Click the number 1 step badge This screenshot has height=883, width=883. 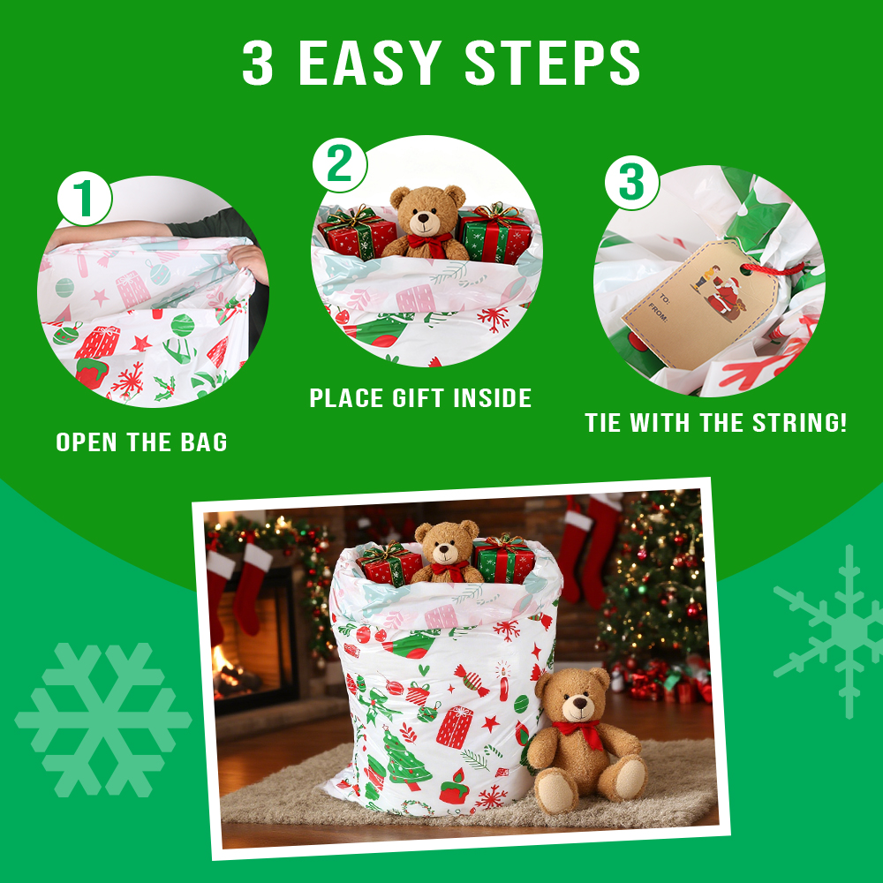pos(85,198)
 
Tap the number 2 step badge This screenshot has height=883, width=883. pos(340,165)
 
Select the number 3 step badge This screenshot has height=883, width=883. pos(632,183)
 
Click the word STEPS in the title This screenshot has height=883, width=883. pos(553,63)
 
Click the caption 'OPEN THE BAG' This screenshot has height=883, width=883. pos(141,442)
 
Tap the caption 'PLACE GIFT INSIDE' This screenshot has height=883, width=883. pos(420,398)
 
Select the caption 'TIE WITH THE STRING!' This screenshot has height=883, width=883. pos(716,423)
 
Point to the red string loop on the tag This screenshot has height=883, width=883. pos(773,269)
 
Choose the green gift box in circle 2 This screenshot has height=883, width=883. pos(494,233)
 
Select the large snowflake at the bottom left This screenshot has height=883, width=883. pos(103,721)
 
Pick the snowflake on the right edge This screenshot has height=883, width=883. pos(834,631)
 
